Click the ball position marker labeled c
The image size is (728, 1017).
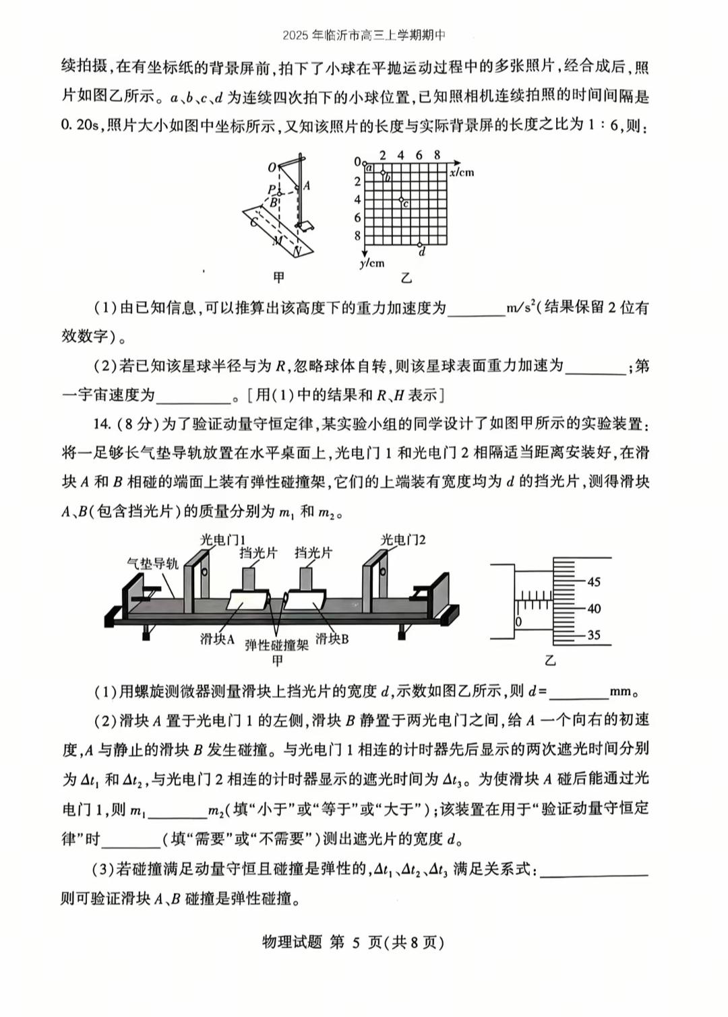click(x=401, y=200)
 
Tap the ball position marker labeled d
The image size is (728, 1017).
click(x=419, y=244)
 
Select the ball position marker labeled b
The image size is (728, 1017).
click(x=383, y=174)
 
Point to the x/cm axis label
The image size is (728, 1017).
click(x=462, y=172)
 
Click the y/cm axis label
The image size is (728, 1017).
click(x=371, y=263)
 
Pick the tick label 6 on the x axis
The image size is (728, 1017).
click(x=419, y=156)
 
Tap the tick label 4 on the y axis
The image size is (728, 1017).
click(x=357, y=200)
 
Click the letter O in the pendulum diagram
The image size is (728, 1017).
click(x=272, y=168)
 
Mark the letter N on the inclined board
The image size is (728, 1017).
click(x=297, y=251)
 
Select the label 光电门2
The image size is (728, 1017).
click(x=403, y=539)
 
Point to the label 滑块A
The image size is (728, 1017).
click(x=217, y=639)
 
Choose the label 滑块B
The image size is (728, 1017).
click(x=332, y=638)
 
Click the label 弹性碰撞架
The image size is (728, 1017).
click(x=276, y=645)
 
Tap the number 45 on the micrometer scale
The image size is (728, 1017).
click(x=593, y=582)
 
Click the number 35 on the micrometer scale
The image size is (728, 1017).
click(x=593, y=634)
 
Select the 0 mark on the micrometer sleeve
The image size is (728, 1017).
click(x=518, y=622)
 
